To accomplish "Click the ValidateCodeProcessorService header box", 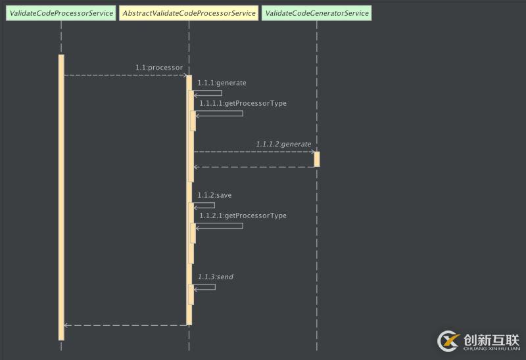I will pos(61,13).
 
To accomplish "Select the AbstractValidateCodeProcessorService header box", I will pos(189,13).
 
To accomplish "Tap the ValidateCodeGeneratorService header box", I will pos(317,13).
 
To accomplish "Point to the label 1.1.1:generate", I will pos(222,83).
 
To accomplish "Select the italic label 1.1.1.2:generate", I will pos(283,144).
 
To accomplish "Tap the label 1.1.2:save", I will pos(214,195).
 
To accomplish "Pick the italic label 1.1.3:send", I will pos(215,277).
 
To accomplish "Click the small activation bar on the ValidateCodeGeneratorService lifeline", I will pos(317,159).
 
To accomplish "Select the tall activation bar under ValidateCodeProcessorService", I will pos(61,197).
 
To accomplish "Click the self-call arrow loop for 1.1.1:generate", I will pos(210,93).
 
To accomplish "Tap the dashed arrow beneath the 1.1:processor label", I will pos(125,75).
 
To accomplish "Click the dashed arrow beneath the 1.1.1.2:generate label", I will pos(253,152).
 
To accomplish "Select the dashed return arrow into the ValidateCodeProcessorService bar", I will pos(125,325).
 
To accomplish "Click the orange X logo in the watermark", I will pos(449,340).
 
